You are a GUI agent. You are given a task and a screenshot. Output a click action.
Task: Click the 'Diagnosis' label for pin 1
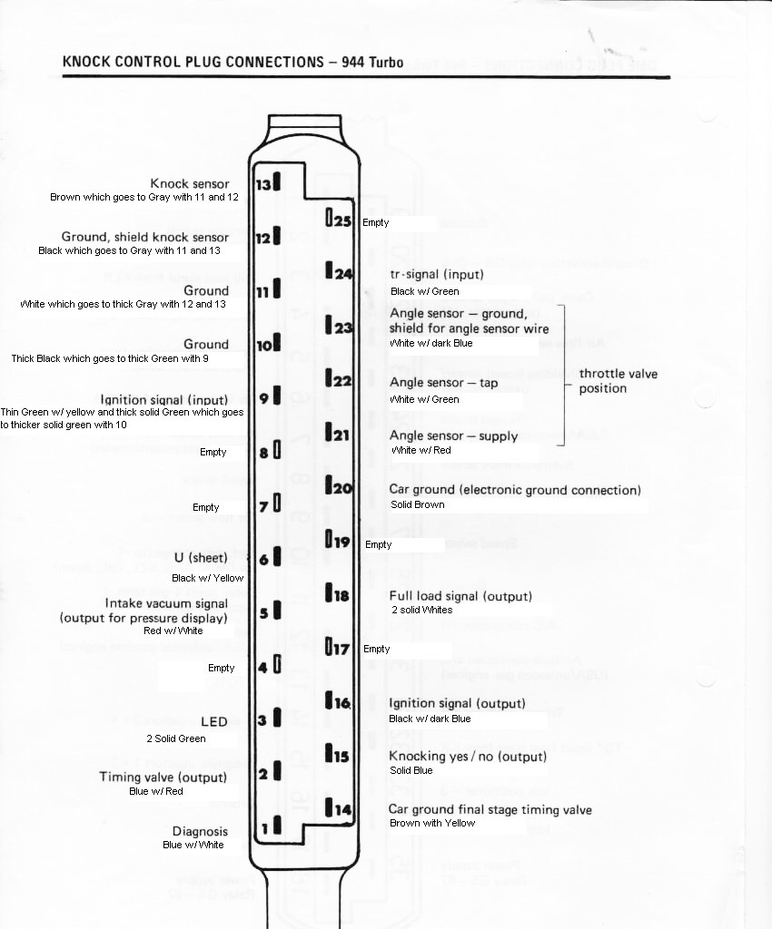coord(200,831)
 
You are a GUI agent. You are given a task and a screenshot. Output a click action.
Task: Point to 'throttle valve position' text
coord(618,381)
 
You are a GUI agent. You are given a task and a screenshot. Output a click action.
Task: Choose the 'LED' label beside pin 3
coord(214,721)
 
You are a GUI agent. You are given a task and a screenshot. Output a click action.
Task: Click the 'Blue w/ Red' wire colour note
coord(156,791)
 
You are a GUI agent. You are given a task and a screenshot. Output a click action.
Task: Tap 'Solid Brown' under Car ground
coord(417,504)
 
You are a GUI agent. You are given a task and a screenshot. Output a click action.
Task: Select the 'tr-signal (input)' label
coord(436,274)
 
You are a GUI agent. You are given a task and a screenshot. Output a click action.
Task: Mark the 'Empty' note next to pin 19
coord(378,544)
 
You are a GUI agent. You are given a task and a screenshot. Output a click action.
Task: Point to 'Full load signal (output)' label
coord(460,596)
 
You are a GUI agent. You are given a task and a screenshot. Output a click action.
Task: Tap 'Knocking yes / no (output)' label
coord(468,756)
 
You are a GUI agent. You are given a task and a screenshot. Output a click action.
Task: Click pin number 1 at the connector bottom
coord(265,827)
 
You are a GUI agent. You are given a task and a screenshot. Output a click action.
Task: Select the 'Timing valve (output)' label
coord(163,777)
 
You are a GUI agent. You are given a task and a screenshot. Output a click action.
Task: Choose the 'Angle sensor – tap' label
coord(443,383)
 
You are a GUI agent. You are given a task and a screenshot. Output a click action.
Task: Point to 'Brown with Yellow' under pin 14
coord(432,823)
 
